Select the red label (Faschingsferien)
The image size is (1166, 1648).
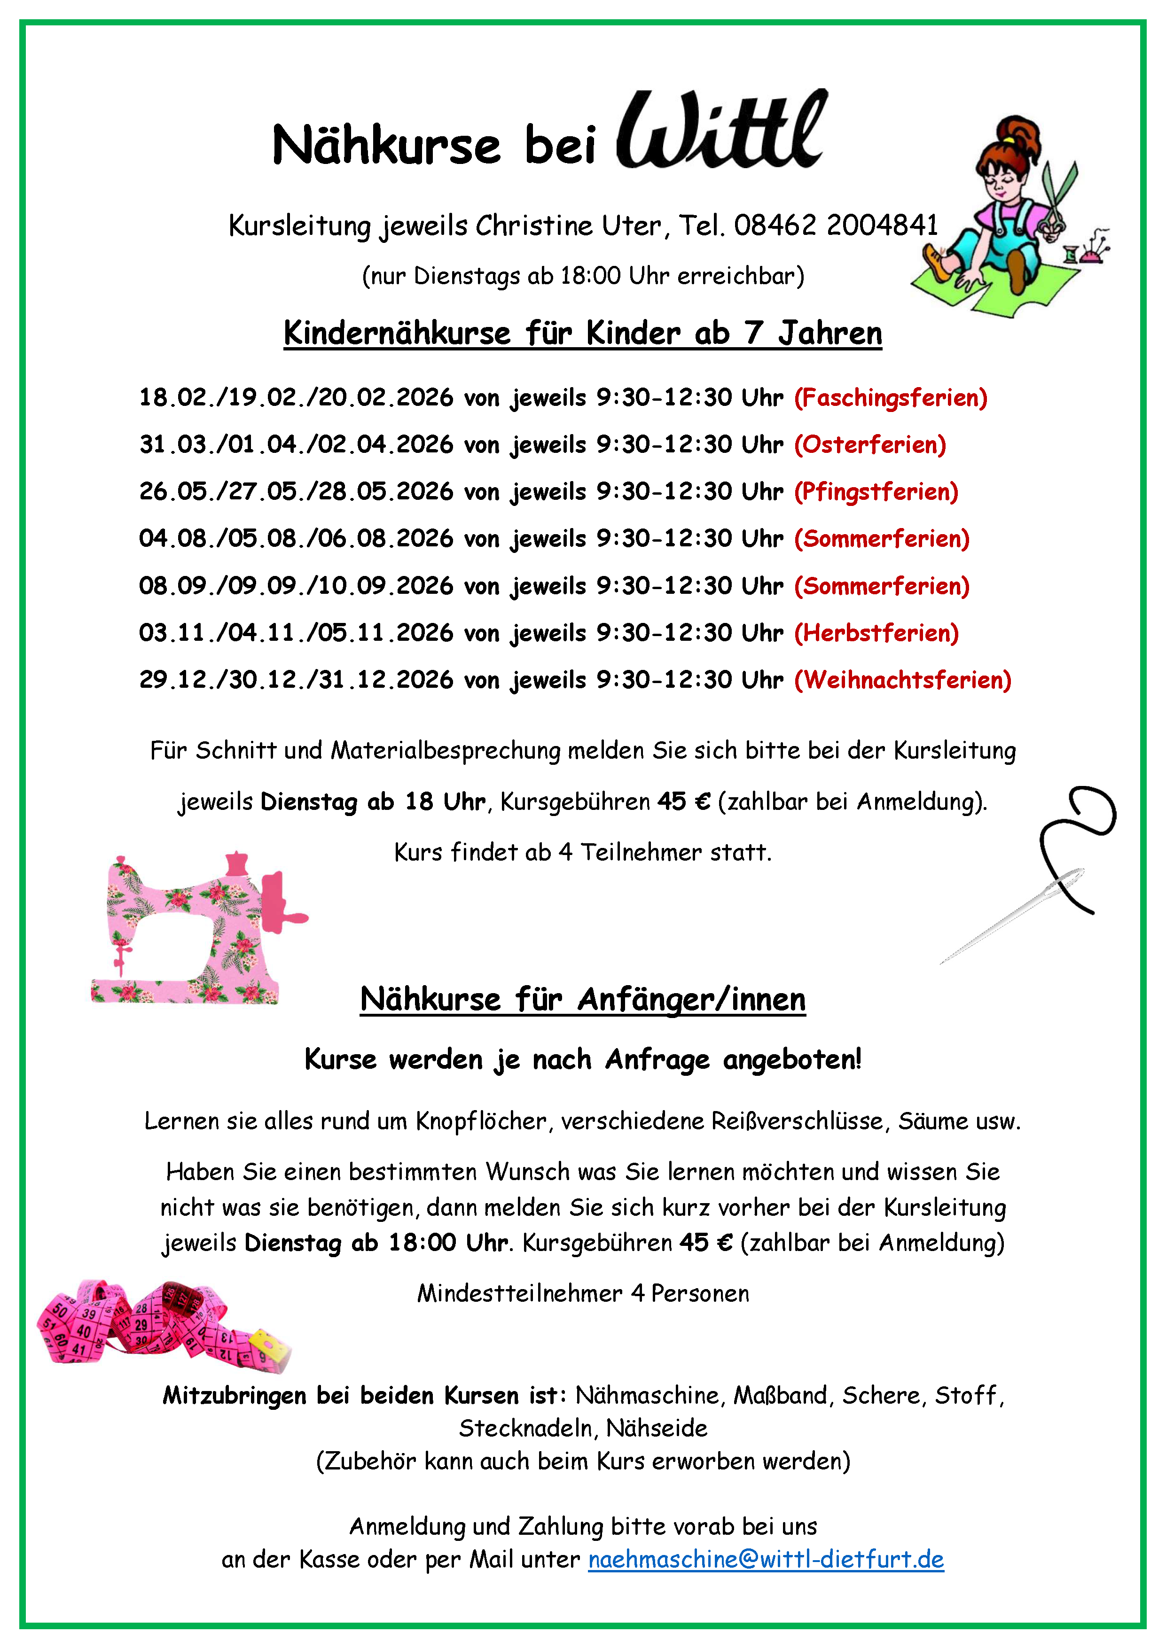(x=890, y=397)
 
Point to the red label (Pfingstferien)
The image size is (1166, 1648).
(x=876, y=492)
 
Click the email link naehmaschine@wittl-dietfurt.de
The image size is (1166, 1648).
(x=766, y=1559)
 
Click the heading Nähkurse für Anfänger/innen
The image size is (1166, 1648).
(x=582, y=999)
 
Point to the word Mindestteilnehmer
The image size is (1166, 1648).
(x=519, y=1293)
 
